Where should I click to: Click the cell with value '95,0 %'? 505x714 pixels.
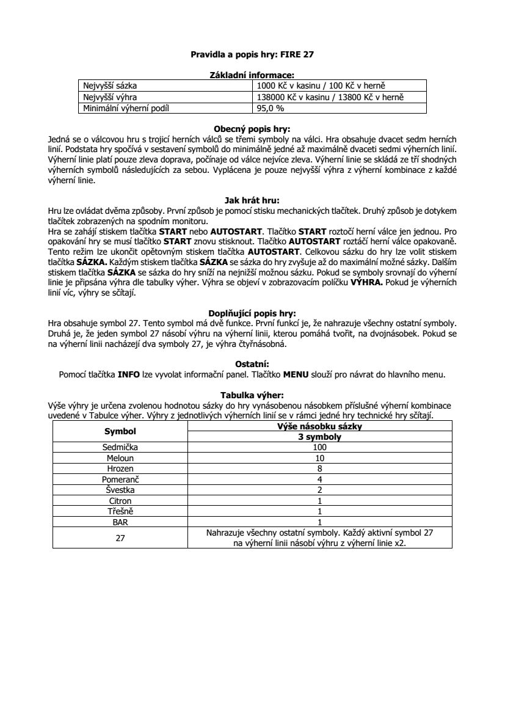pos(270,108)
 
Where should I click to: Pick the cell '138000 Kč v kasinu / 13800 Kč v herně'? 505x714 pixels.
pos(330,97)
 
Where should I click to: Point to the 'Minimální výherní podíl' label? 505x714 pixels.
pos(125,108)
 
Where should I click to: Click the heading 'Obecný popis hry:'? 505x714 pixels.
pos(252,129)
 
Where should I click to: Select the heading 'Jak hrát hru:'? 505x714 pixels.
pos(252,199)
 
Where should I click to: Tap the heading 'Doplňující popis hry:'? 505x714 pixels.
pos(252,313)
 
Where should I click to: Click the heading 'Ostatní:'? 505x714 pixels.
pos(252,364)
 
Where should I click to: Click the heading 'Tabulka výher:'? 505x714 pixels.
pos(252,395)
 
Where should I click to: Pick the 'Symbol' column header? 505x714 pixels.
pos(120,431)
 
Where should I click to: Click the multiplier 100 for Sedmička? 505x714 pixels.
pos(319,447)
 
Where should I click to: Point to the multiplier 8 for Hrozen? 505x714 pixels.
pos(319,468)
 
